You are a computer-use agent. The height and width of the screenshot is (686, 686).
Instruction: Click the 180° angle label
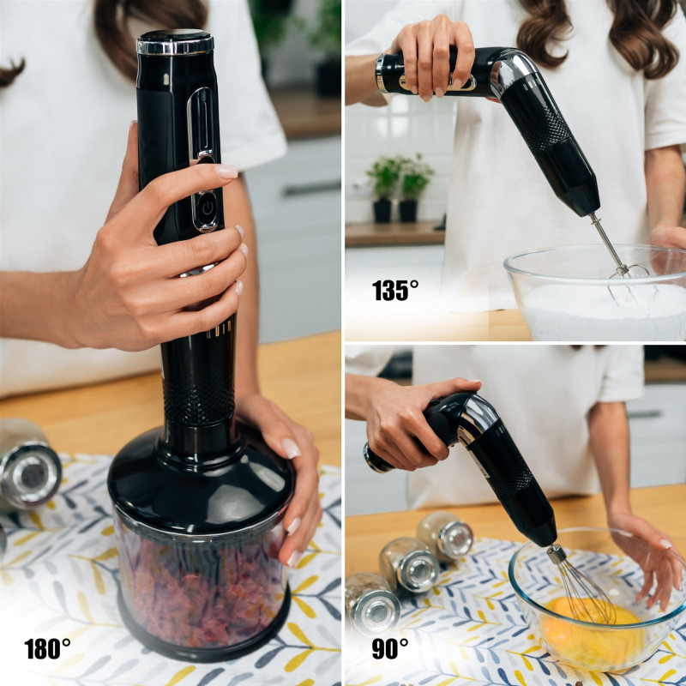click(47, 648)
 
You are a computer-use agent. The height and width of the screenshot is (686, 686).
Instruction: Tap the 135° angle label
click(395, 290)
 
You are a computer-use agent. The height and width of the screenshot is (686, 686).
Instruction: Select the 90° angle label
click(390, 648)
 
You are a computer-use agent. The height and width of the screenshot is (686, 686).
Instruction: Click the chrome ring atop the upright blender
click(175, 45)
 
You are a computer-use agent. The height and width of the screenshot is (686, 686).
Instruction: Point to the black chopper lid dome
click(199, 477)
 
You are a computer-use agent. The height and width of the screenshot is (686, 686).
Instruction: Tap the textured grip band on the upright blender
click(199, 400)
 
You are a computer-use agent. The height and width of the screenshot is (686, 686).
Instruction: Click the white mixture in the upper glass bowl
click(604, 310)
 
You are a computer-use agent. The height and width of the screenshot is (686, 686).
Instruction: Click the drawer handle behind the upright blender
click(311, 188)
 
